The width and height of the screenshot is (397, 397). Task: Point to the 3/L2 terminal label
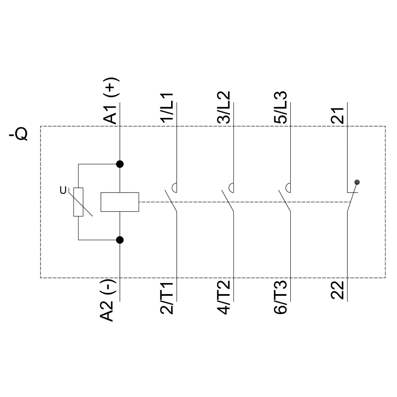pyautogui.click(x=224, y=107)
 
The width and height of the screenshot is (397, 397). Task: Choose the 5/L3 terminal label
pyautogui.click(x=281, y=107)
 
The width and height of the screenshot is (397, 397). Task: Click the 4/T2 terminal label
pyautogui.click(x=224, y=297)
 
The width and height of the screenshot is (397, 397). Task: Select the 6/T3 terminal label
pyautogui.click(x=281, y=297)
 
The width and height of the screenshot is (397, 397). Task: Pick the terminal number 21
pyautogui.click(x=338, y=116)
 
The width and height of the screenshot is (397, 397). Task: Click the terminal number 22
pyautogui.click(x=338, y=290)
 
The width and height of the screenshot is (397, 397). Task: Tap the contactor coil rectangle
pyautogui.click(x=120, y=202)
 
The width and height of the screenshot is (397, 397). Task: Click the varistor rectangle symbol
pyautogui.click(x=79, y=202)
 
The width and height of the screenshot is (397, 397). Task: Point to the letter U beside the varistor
pyautogui.click(x=63, y=190)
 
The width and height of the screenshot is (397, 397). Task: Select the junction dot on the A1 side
pyautogui.click(x=120, y=164)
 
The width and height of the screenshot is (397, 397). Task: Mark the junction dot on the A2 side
pyautogui.click(x=120, y=240)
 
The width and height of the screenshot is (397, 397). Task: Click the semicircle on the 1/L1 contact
pyautogui.click(x=174, y=188)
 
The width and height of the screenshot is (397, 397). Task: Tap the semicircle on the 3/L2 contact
pyautogui.click(x=231, y=188)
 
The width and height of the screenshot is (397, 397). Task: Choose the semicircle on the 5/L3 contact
pyautogui.click(x=288, y=188)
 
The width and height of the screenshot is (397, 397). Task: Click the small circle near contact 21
pyautogui.click(x=357, y=182)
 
